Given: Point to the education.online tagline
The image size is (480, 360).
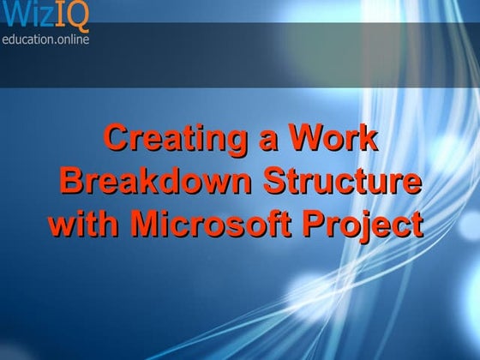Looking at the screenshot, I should click(x=45, y=38).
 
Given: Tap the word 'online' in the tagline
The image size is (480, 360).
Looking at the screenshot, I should click(x=71, y=38).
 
